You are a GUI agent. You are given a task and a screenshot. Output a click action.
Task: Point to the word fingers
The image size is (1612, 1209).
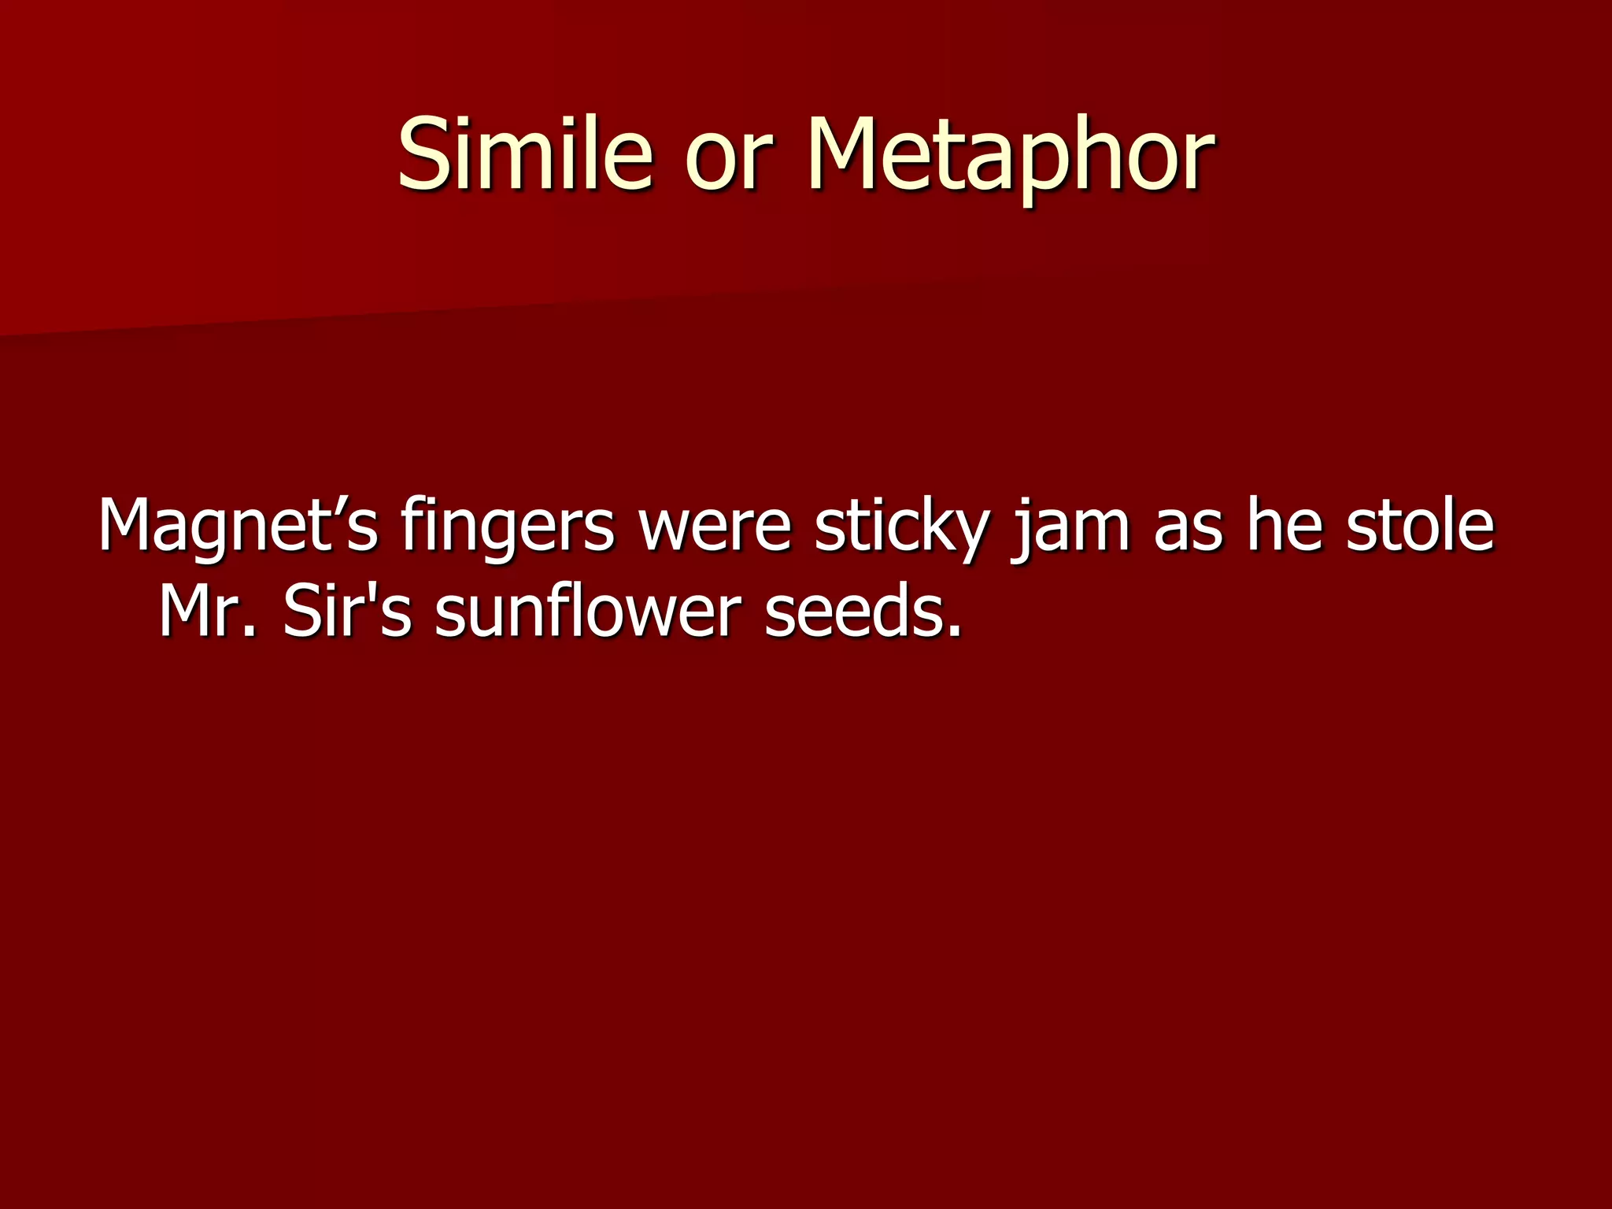(x=507, y=526)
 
